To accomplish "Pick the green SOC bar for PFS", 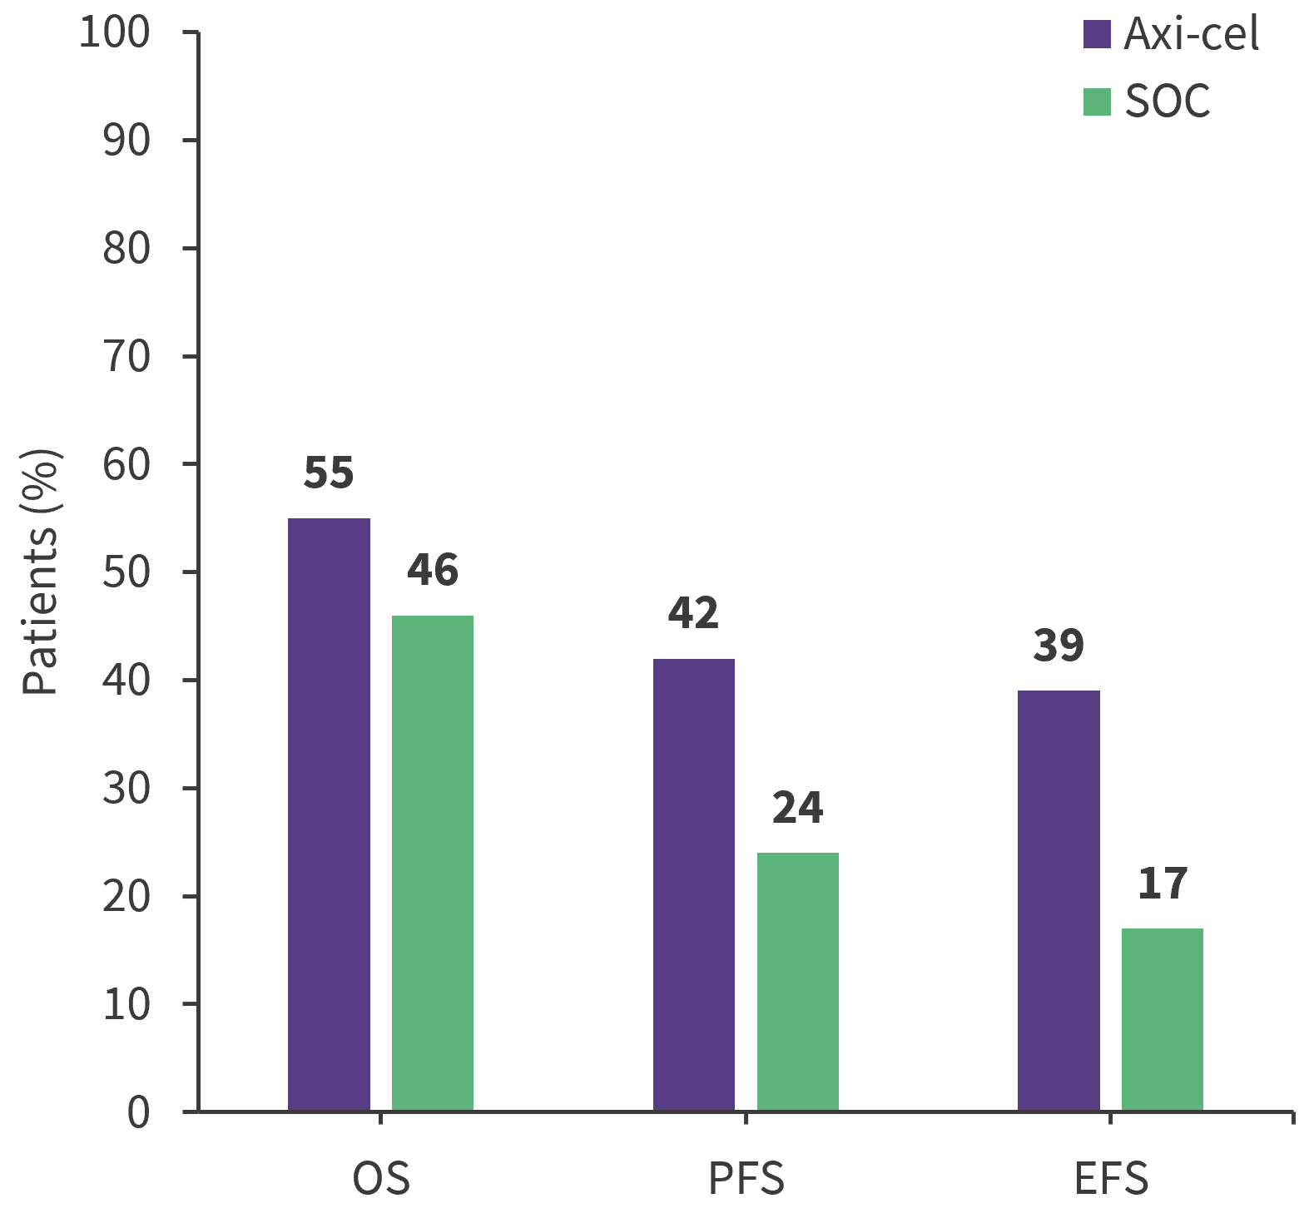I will tap(798, 982).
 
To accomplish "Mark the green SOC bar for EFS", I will tap(1163, 1019).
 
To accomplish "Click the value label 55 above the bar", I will tap(329, 473).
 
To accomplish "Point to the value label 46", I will tap(433, 570).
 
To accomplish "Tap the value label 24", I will tap(798, 808).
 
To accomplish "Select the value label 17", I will tap(1163, 884).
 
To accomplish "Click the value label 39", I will tap(1059, 646).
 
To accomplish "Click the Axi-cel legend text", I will tap(1191, 35).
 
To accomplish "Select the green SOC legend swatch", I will tap(1097, 101).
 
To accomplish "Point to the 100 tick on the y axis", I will tap(114, 32).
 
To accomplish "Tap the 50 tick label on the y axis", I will tap(126, 572).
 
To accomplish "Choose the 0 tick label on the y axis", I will tap(138, 1112).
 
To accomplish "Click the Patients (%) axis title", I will tap(40, 572).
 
